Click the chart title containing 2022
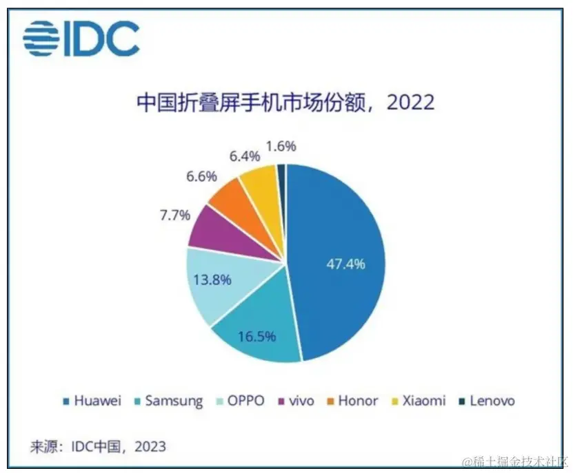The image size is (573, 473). point(285,102)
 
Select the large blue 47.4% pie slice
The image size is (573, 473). point(338,262)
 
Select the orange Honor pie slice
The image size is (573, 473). point(230,197)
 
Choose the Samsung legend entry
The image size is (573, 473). point(170,401)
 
